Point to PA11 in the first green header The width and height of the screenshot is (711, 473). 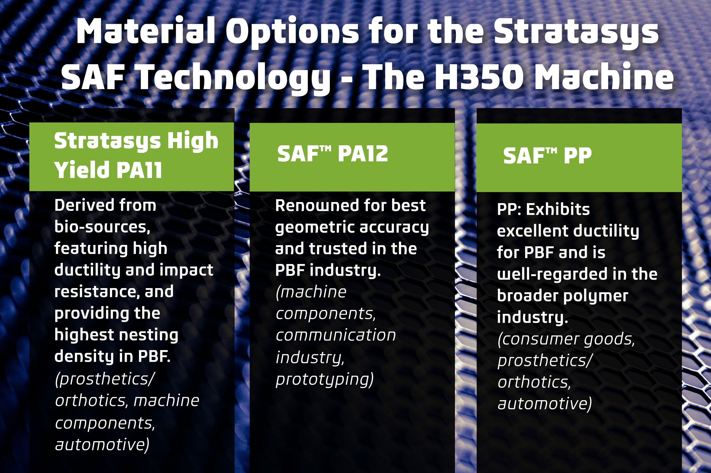click(139, 170)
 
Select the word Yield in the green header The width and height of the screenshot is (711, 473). click(81, 170)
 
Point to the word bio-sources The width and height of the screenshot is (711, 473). click(102, 227)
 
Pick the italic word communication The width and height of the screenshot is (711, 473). click(335, 335)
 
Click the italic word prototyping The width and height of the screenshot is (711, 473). click(324, 379)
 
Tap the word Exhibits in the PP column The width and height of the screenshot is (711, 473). click(558, 209)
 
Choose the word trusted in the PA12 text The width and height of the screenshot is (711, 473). click(335, 249)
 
